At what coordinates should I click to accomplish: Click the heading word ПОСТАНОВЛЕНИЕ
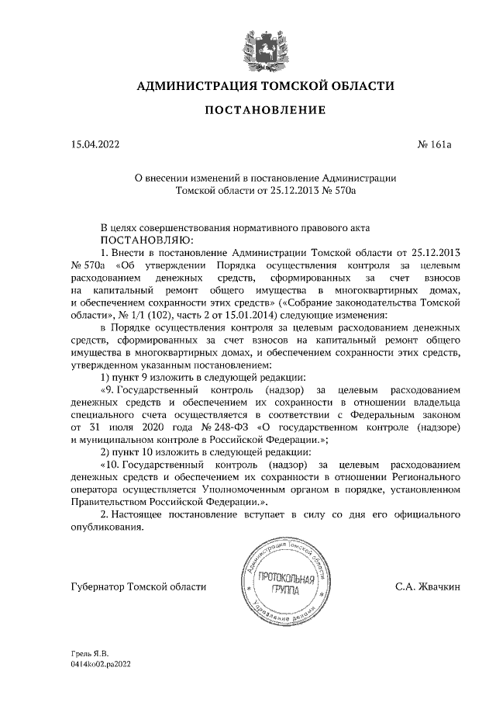[264, 110]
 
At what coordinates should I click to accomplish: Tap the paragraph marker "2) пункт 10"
[136, 451]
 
